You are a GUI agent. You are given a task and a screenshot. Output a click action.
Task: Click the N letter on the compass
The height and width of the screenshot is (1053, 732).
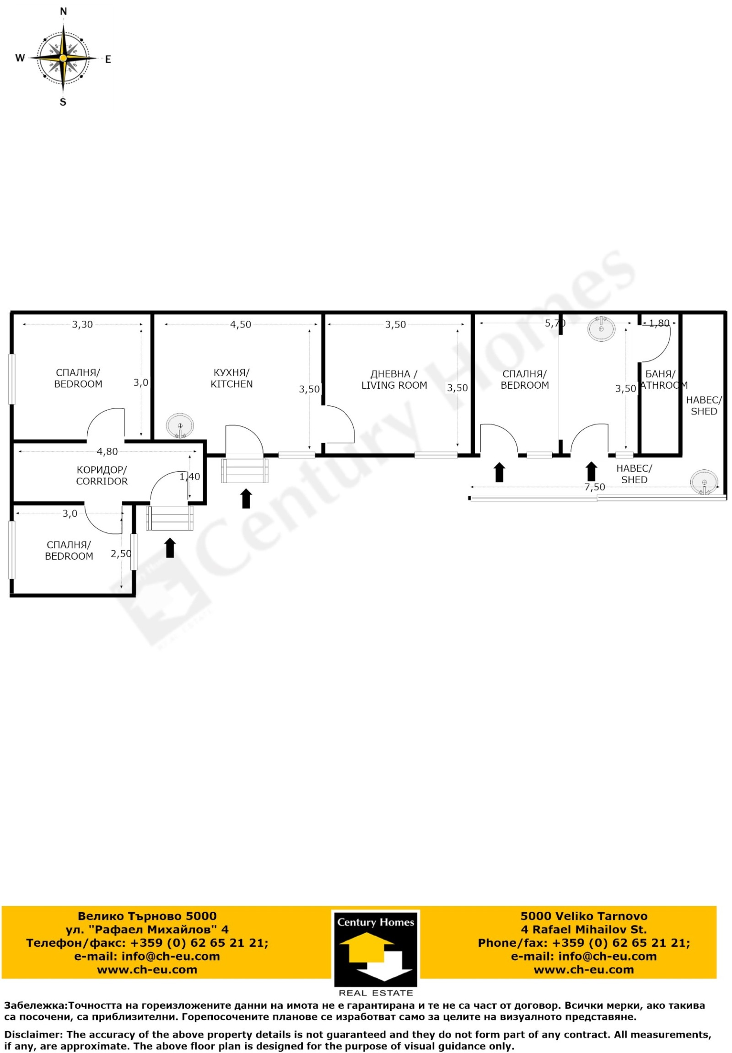pyautogui.click(x=64, y=12)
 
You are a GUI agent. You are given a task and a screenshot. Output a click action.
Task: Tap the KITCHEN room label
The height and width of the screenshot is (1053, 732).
pyautogui.click(x=231, y=384)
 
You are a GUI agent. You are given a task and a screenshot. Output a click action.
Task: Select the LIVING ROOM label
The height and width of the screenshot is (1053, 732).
pyautogui.click(x=394, y=386)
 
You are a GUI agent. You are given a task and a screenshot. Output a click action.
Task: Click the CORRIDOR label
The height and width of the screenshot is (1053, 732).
pyautogui.click(x=102, y=482)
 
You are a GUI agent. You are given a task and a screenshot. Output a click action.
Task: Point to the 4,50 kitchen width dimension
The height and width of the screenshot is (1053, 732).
pyautogui.click(x=240, y=325)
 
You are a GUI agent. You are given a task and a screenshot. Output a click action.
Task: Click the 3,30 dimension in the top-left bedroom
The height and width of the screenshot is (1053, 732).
pyautogui.click(x=82, y=325)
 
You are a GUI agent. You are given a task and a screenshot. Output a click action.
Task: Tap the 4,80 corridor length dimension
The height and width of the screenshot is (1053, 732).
pyautogui.click(x=108, y=452)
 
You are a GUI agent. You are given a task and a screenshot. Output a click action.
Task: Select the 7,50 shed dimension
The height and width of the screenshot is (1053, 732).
pyautogui.click(x=594, y=487)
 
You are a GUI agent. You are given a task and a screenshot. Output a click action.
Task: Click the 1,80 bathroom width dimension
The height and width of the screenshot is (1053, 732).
pyautogui.click(x=659, y=323)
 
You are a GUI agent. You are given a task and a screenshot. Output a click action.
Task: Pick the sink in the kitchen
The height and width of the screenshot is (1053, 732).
pyautogui.click(x=180, y=426)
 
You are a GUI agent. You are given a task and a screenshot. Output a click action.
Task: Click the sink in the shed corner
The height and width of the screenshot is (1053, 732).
pyautogui.click(x=704, y=482)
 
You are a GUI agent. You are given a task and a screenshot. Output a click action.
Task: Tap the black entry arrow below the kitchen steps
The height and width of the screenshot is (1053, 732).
pyautogui.click(x=246, y=499)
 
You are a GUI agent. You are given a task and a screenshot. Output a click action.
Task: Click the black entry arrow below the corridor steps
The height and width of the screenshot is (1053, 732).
pyautogui.click(x=170, y=548)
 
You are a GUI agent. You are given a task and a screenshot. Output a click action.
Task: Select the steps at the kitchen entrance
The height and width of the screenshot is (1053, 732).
pyautogui.click(x=244, y=471)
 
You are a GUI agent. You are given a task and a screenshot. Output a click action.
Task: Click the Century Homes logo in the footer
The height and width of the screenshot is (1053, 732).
pyautogui.click(x=376, y=953)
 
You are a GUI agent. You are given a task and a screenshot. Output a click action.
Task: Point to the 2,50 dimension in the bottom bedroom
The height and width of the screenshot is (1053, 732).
pyautogui.click(x=121, y=554)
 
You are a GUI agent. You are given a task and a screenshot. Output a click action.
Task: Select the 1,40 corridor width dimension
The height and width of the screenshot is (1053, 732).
pyautogui.click(x=189, y=477)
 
